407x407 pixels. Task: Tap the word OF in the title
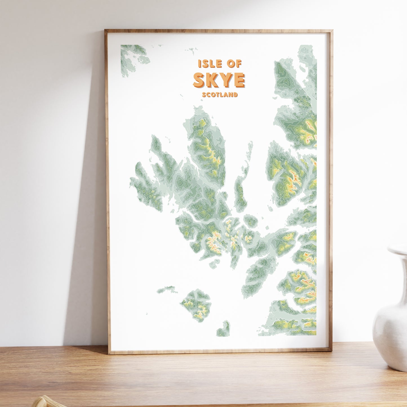235,64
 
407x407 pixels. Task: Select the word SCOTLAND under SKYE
220,95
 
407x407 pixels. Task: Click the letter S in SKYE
199,80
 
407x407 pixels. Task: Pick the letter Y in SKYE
226,80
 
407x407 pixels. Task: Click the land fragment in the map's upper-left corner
132,58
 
